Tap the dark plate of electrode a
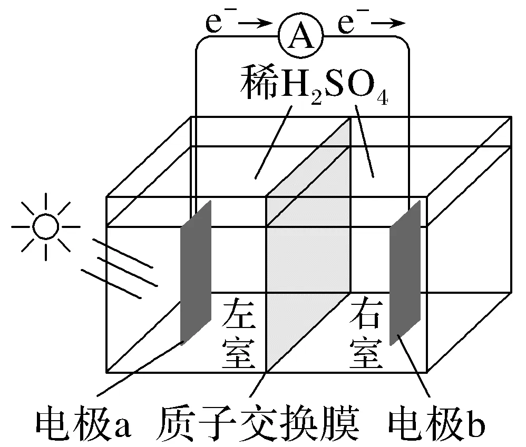click(196, 271)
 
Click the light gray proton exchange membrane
click(308, 247)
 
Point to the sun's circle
click(45, 227)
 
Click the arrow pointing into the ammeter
click(256, 23)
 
